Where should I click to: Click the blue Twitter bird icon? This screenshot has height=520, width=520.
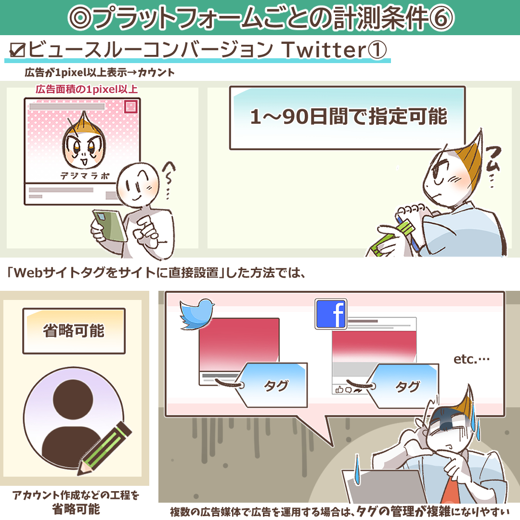point(197,314)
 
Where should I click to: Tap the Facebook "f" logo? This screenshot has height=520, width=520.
point(331,314)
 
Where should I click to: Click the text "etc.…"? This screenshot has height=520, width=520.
point(471,359)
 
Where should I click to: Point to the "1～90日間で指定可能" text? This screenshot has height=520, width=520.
point(348,117)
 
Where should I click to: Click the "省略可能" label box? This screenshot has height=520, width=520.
point(74,331)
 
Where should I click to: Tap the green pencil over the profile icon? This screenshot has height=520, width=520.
point(104,448)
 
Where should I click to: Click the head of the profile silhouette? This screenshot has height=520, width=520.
point(73,399)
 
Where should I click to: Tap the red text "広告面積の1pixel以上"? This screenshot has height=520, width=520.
point(87,89)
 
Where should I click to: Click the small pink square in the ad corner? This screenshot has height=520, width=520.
point(131,106)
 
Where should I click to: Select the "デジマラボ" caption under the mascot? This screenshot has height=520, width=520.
point(85,176)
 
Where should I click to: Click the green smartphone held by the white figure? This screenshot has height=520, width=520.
point(109,225)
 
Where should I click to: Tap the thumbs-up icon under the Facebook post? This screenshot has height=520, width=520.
point(339,390)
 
